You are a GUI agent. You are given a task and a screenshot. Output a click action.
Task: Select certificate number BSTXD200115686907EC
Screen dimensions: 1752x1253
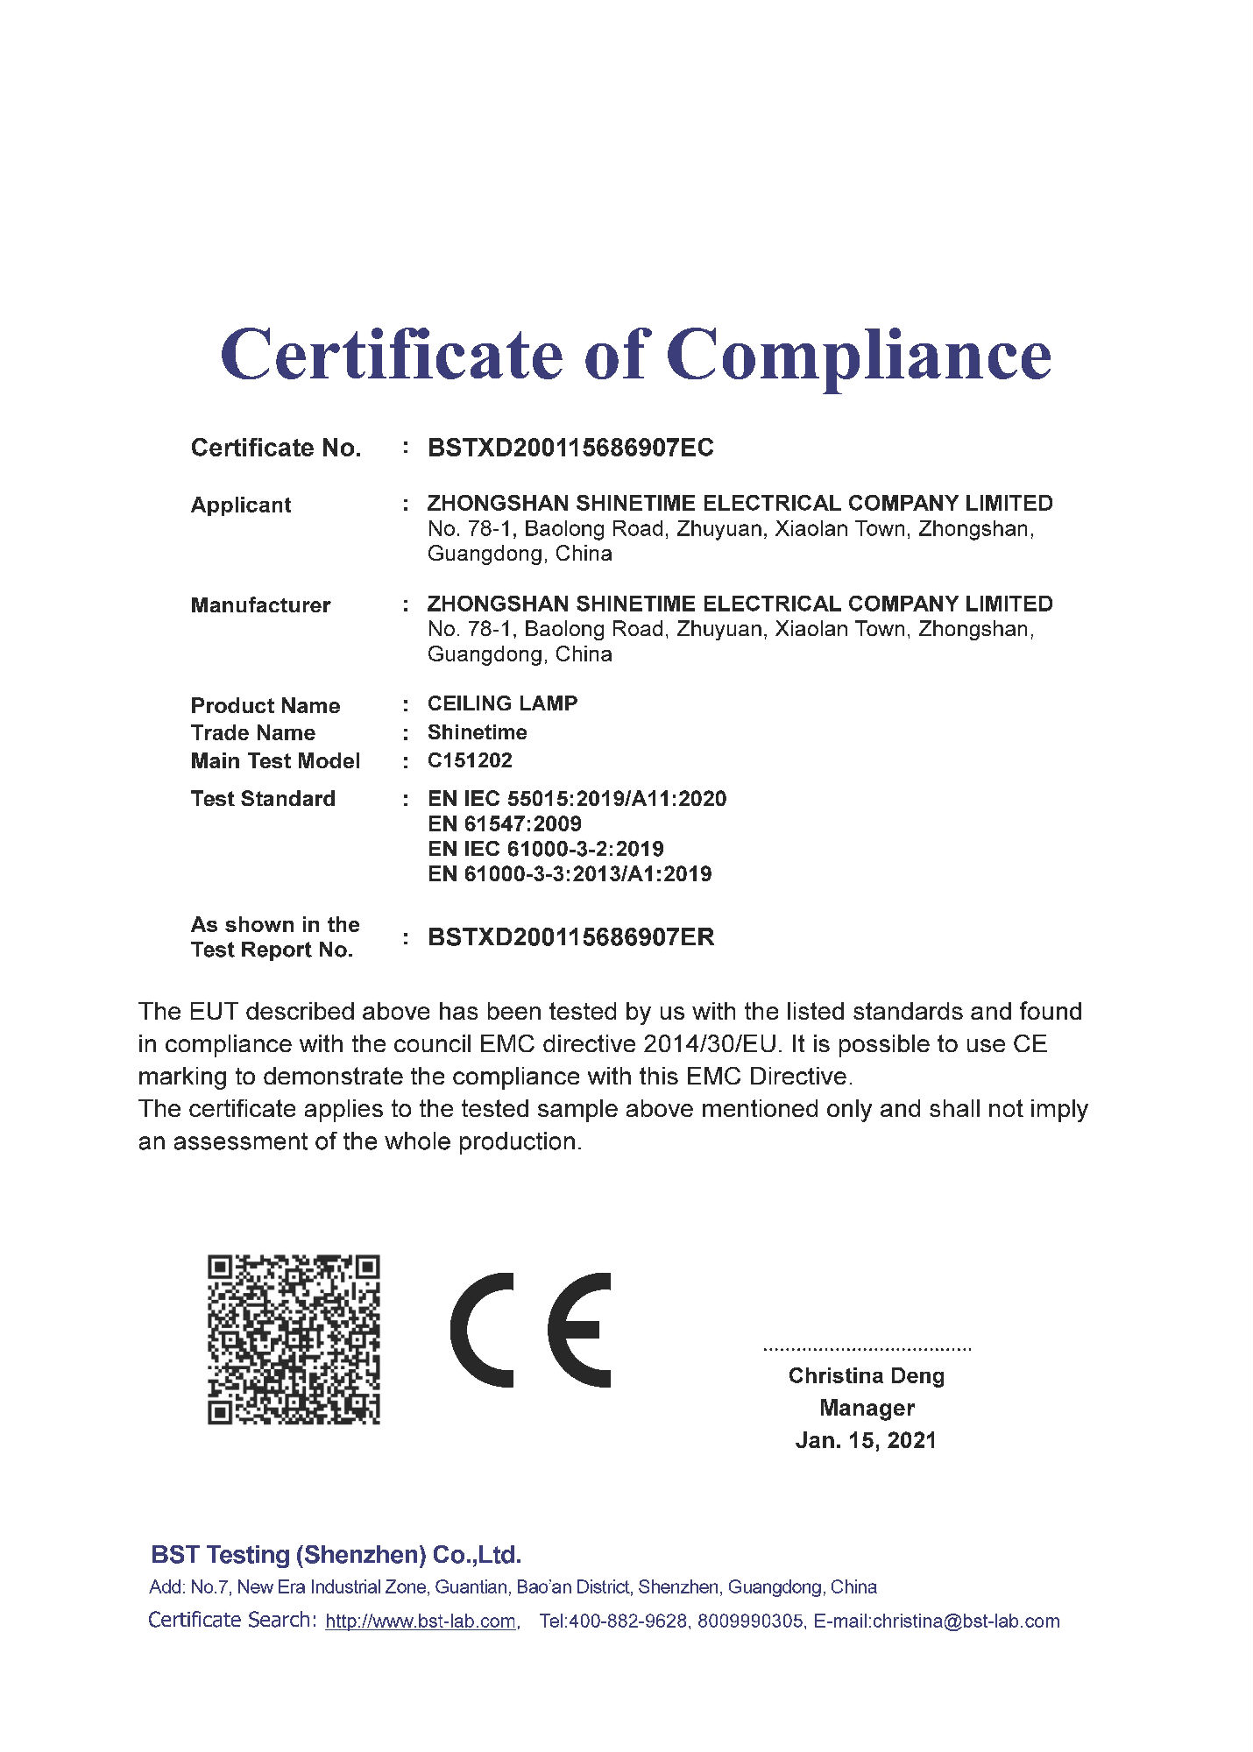tap(570, 448)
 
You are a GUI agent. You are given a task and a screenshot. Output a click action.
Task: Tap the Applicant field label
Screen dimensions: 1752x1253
tap(241, 505)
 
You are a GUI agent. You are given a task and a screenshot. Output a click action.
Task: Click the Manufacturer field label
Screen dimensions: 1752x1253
tap(260, 605)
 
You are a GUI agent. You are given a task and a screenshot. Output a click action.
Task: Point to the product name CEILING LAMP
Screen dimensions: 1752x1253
tap(502, 703)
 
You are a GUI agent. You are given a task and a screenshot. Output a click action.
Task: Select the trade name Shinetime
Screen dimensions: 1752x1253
tap(477, 732)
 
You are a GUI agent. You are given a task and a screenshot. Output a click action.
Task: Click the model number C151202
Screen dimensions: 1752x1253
tap(470, 760)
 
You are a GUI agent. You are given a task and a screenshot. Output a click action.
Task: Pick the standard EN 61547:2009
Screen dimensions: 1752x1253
tap(504, 823)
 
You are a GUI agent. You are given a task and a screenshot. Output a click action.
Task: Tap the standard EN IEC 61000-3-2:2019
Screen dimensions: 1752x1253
tap(545, 849)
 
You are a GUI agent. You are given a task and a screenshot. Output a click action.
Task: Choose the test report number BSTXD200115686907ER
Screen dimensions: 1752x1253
tap(570, 937)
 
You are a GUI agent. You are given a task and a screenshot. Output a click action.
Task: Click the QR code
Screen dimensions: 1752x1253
tap(294, 1339)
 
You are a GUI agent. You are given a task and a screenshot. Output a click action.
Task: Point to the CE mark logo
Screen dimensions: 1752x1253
tap(531, 1330)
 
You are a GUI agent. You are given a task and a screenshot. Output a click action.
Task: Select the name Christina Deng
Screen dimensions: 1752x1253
tap(866, 1376)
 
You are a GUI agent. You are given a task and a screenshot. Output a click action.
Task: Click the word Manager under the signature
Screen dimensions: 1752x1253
tap(867, 1408)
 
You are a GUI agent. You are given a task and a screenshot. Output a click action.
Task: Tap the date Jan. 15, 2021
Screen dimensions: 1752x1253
tap(866, 1441)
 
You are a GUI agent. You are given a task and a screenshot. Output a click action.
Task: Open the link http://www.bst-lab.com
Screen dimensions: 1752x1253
tap(421, 1621)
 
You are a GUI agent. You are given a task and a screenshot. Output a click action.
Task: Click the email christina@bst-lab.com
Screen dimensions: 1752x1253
tap(966, 1621)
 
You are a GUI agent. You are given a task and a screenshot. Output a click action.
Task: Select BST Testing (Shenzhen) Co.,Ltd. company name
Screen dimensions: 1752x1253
tap(336, 1555)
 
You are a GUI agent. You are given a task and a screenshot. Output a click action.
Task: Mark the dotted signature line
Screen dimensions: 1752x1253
tap(867, 1349)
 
